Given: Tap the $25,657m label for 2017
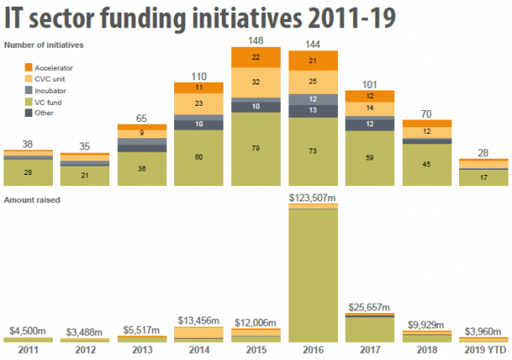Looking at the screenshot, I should click(369, 307).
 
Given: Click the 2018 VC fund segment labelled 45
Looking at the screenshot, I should click(426, 165).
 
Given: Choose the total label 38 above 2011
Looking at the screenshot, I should click(28, 144).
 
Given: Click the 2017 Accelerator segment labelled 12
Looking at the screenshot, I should click(369, 96).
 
